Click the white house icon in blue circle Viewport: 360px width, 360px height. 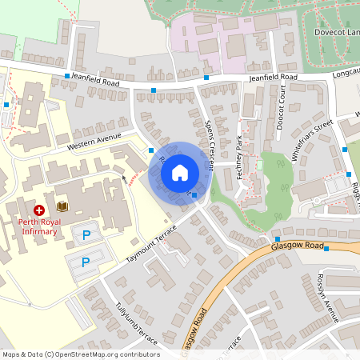pos(180,172)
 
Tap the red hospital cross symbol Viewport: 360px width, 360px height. pos(39,207)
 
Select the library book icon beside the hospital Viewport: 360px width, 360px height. pos(62,207)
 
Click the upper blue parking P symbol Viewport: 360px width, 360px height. pos(86,234)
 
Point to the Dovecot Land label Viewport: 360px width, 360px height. pos(337,33)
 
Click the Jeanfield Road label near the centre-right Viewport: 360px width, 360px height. pos(273,78)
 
